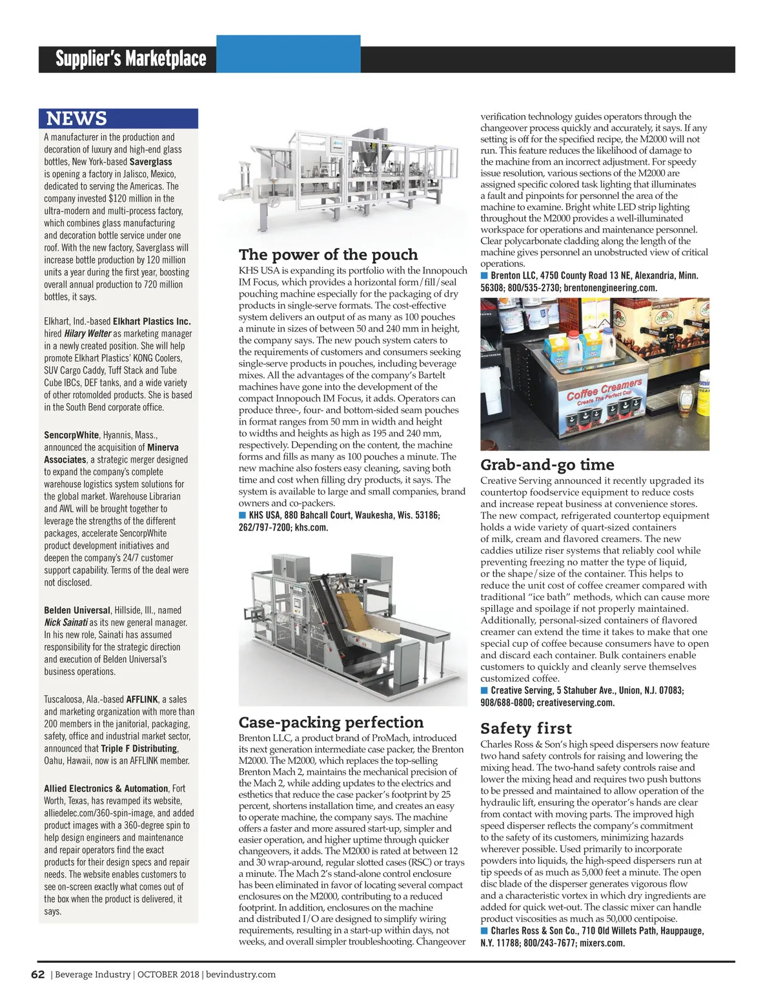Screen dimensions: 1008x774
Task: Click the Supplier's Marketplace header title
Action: pos(130,59)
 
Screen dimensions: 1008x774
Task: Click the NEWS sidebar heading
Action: pos(76,119)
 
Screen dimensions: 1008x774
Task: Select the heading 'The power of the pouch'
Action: pos(328,255)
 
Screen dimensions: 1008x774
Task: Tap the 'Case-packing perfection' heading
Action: pos(331,722)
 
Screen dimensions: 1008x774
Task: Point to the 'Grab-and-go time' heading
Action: pos(547,465)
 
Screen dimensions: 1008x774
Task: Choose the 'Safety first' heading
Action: pos(525,729)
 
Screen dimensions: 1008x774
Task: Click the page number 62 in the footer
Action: pos(37,974)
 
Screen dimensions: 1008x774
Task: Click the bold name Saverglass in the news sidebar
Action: pos(150,162)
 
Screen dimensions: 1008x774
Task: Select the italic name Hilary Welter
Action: pos(87,334)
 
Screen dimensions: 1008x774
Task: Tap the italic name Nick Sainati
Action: pos(65,623)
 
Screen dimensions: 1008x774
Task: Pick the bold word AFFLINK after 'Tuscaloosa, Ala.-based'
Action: pos(141,700)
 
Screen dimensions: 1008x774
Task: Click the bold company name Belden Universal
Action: pos(77,611)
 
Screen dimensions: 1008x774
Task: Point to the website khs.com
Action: pos(311,528)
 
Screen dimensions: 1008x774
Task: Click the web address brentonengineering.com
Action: pos(610,288)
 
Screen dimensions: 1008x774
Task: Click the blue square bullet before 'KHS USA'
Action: pos(243,516)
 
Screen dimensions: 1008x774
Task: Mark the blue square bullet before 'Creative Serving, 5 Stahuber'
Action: pos(484,691)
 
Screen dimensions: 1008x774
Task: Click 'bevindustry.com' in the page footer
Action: pos(241,974)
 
